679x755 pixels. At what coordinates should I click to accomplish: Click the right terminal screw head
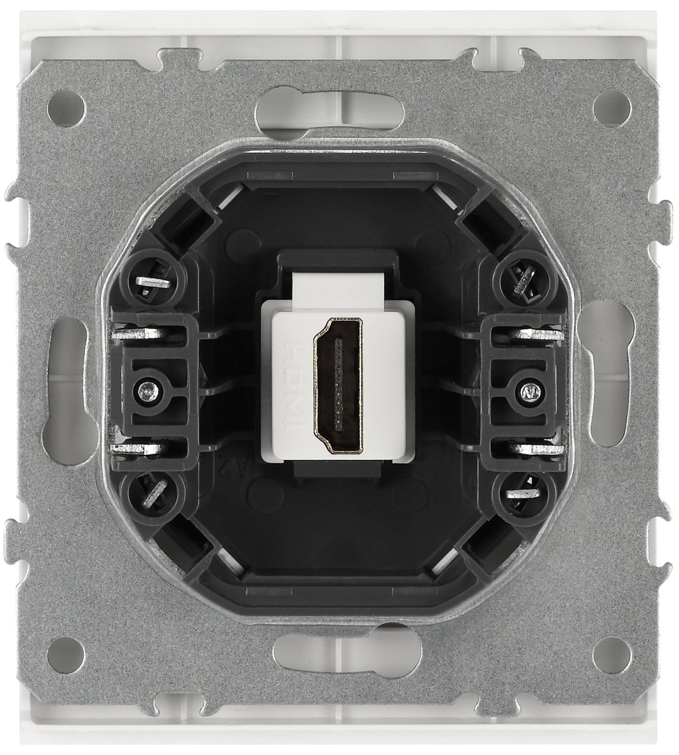point(527,393)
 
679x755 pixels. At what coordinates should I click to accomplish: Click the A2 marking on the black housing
point(224,468)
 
